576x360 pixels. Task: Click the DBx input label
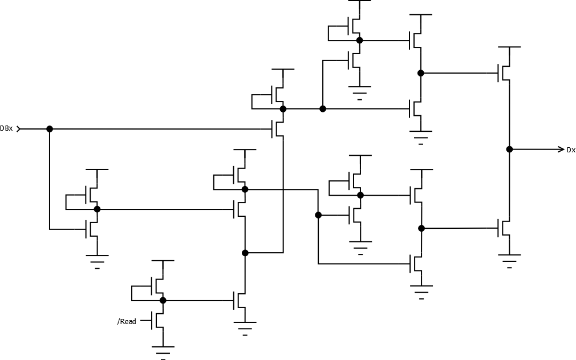click(x=7, y=129)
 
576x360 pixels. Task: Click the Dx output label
click(x=570, y=150)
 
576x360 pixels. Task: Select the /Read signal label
click(x=127, y=322)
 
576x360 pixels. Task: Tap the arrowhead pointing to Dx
click(x=560, y=149)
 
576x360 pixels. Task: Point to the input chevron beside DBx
click(x=19, y=129)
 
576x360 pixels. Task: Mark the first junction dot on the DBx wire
click(x=50, y=129)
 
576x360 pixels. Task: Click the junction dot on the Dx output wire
click(x=509, y=149)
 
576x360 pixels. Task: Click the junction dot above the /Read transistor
click(x=163, y=300)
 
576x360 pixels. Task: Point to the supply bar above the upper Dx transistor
click(x=509, y=47)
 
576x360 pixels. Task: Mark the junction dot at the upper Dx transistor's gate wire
click(x=421, y=73)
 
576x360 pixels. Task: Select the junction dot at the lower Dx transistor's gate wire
click(x=421, y=228)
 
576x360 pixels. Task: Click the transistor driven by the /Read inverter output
click(x=241, y=300)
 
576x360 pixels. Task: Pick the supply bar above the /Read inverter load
click(x=163, y=261)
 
